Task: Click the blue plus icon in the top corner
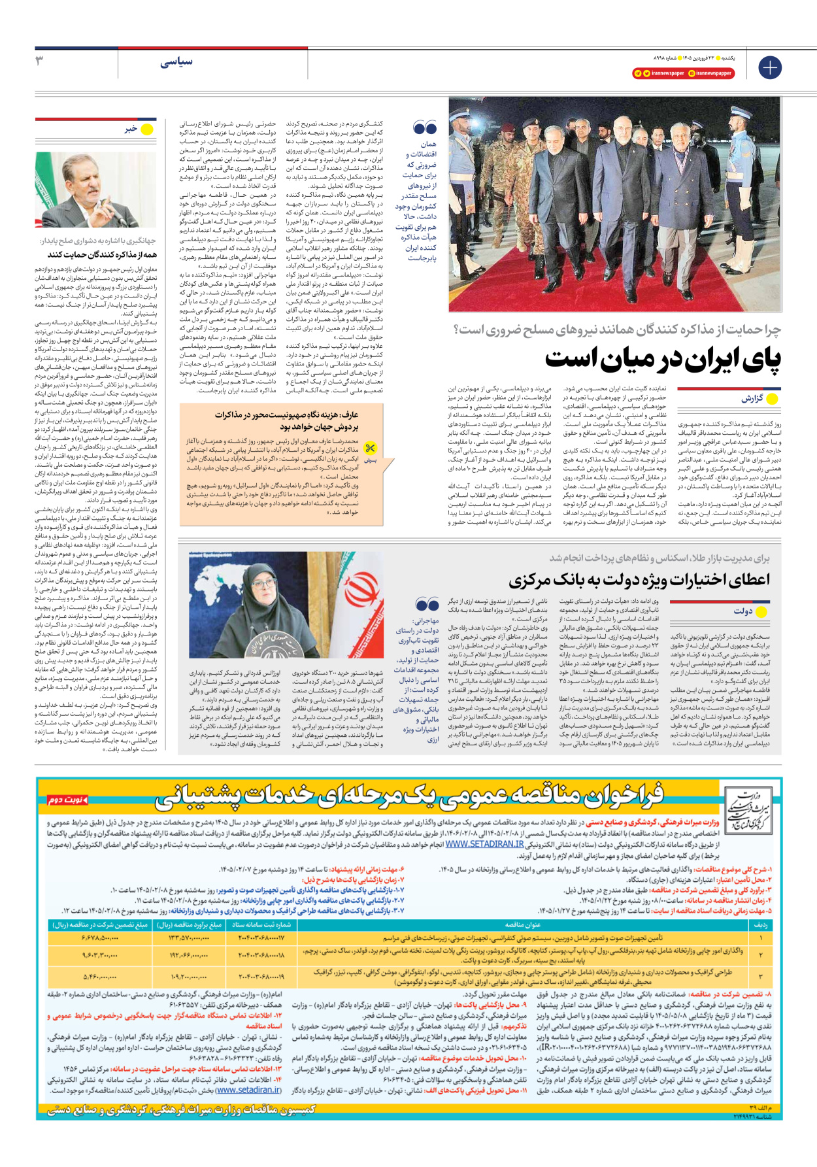tap(769, 67)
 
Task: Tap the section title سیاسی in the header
tap(176, 62)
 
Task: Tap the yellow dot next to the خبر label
tap(148, 129)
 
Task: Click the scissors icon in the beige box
tap(371, 448)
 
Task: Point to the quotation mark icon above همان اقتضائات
tap(425, 127)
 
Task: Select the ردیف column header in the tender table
tap(760, 925)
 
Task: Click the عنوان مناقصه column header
tap(522, 925)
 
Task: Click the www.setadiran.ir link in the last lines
tap(249, 1090)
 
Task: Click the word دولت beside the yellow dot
tap(743, 611)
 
